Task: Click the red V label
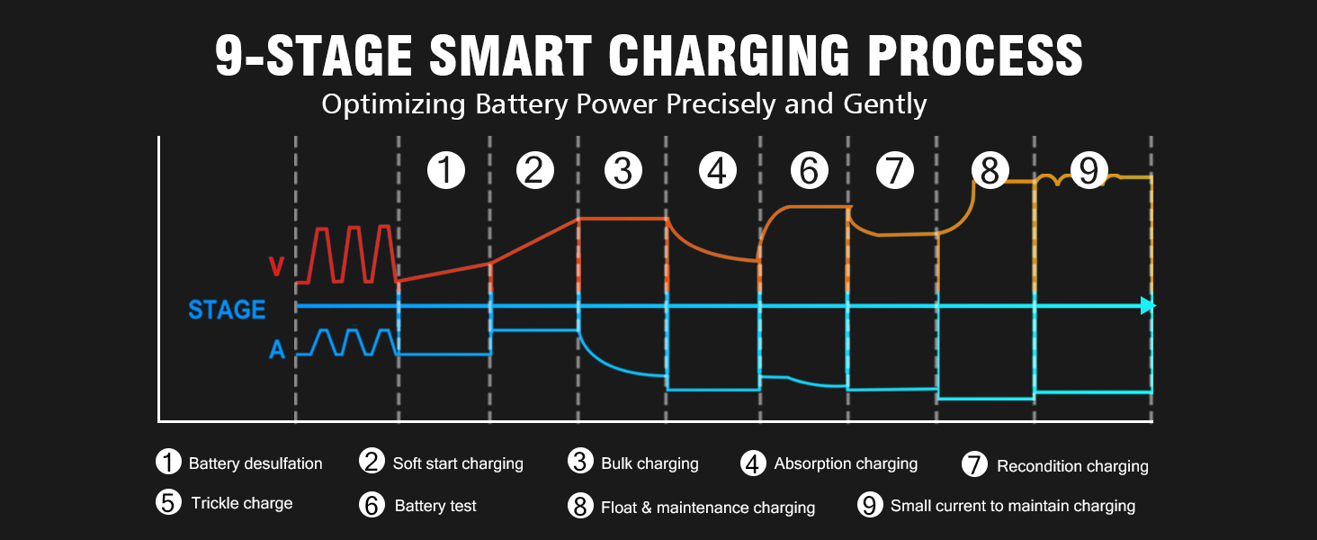click(277, 267)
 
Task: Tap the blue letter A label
click(277, 350)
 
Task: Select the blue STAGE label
click(227, 310)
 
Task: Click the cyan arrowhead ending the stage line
click(1147, 306)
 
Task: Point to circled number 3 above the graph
click(623, 170)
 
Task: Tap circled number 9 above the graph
click(1089, 170)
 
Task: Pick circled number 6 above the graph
click(808, 170)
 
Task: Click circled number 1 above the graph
click(445, 170)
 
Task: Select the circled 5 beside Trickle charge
click(168, 502)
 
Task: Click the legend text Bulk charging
click(650, 464)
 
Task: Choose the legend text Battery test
click(435, 506)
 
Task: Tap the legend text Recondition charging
click(1072, 466)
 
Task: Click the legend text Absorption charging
click(846, 463)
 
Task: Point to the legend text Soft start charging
click(458, 464)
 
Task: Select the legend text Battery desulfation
click(255, 464)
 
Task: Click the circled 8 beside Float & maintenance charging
click(580, 506)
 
